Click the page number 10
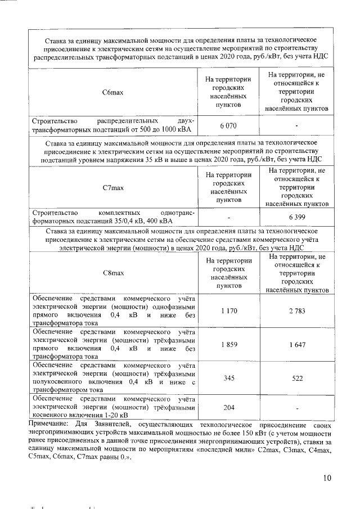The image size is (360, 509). (327, 478)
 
